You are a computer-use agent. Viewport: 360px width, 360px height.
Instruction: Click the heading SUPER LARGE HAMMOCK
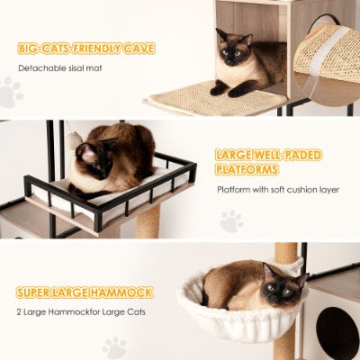[x=83, y=292]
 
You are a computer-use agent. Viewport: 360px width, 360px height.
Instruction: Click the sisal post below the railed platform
[x=148, y=220]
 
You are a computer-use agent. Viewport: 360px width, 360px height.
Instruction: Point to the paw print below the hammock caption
[x=114, y=346]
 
